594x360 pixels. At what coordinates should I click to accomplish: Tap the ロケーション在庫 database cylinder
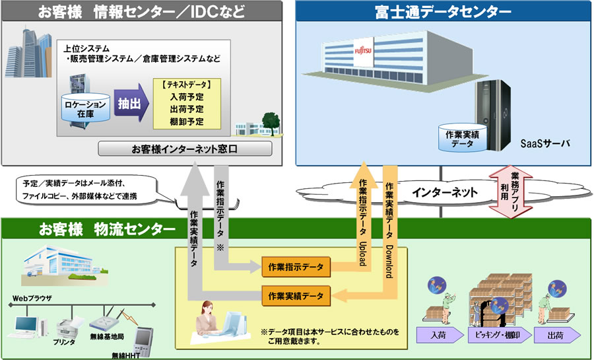coord(83,108)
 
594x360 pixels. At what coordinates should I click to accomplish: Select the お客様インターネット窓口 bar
coord(185,149)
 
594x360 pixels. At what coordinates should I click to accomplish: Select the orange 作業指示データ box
coord(296,267)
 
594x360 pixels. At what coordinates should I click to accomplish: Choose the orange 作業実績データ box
coord(296,295)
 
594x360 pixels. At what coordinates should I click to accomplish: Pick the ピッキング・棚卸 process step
coord(499,335)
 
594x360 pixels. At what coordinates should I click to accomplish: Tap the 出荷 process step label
coord(557,335)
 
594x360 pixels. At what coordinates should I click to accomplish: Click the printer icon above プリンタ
coord(64,326)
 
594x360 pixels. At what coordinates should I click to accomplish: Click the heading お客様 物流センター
coord(106,230)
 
